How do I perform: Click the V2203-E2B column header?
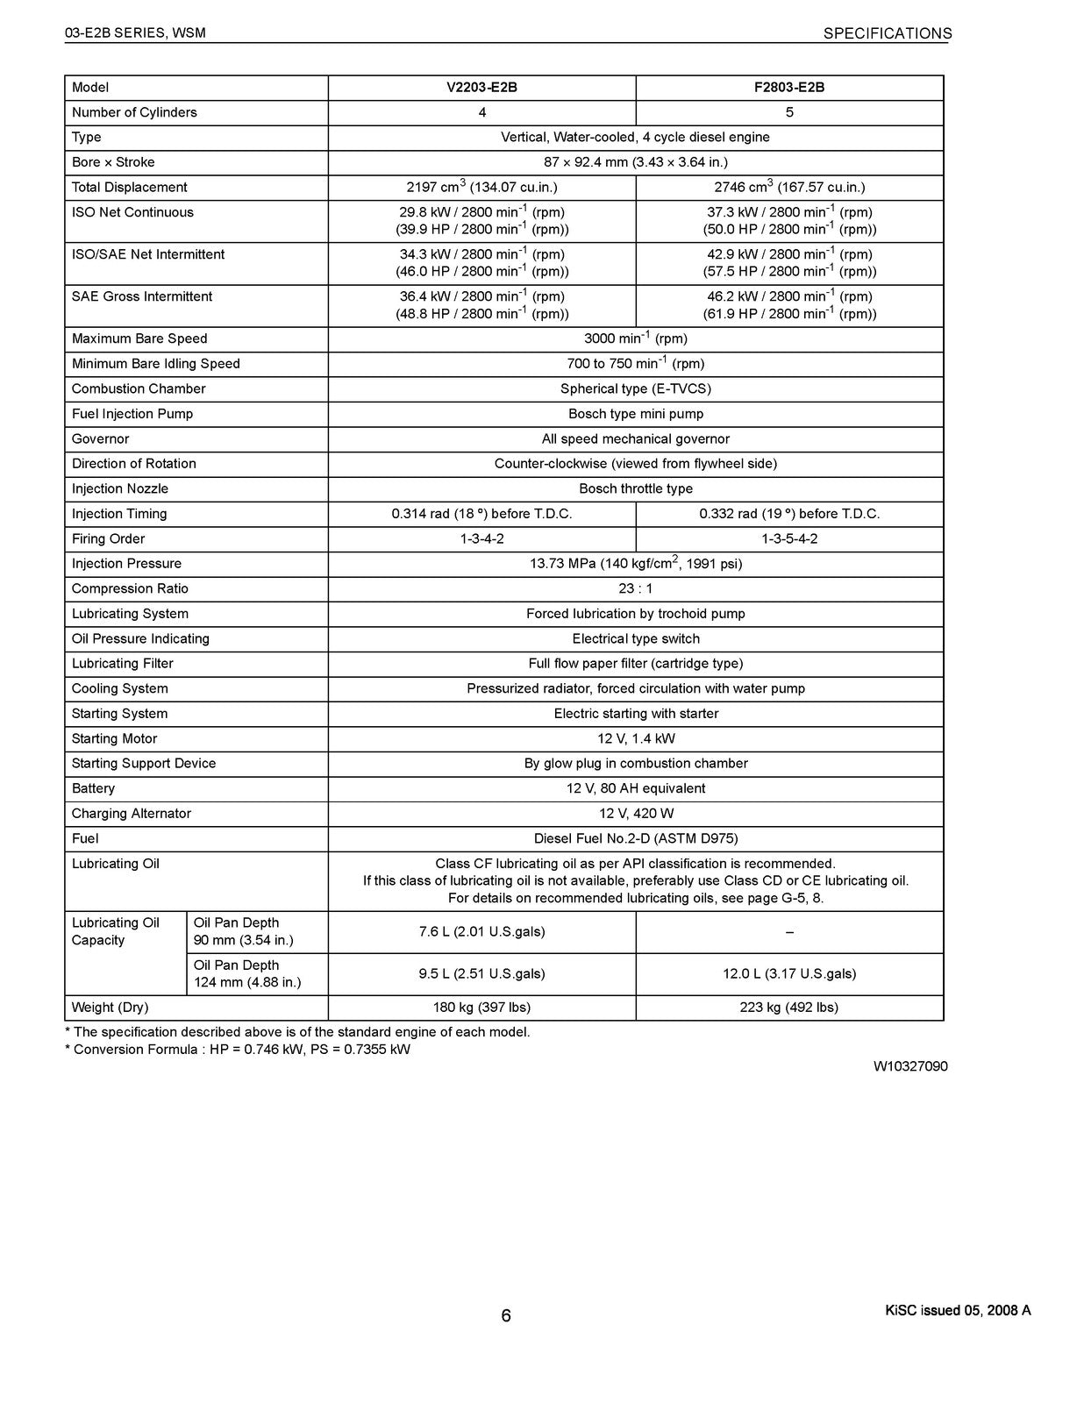[x=481, y=88]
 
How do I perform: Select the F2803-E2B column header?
[x=789, y=88]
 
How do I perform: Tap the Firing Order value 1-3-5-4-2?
[x=789, y=538]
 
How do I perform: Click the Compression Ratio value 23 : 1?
[x=635, y=588]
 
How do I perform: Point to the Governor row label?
[x=101, y=438]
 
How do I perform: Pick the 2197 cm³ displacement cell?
[x=481, y=187]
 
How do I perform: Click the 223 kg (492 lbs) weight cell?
[x=789, y=1008]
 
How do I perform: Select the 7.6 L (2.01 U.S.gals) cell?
[x=481, y=931]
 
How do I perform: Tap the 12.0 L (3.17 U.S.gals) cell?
[x=789, y=973]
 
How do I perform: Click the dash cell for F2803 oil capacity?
[x=789, y=932]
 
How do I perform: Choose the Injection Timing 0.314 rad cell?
[x=481, y=514]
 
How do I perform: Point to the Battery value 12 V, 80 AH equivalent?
[x=635, y=788]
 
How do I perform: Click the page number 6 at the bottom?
[x=506, y=1315]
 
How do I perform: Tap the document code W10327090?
[x=909, y=1066]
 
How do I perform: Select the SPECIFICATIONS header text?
[x=887, y=33]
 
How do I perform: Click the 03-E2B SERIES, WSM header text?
[x=135, y=33]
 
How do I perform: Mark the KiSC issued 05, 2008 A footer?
[x=958, y=1311]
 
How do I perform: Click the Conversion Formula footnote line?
[x=238, y=1050]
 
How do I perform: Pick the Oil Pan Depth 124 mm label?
[x=247, y=973]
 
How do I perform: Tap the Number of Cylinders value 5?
[x=789, y=112]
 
